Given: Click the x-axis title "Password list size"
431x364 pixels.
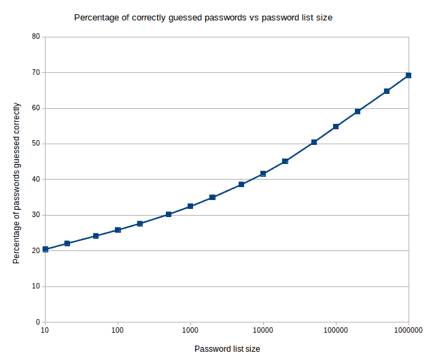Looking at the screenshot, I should click(227, 349).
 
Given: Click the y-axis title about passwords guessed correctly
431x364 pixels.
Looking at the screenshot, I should click(17, 184).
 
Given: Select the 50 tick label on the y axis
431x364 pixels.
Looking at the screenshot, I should click(35, 144).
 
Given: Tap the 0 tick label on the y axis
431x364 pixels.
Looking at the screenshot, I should click(37, 322).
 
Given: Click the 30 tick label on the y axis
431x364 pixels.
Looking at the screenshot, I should click(35, 215).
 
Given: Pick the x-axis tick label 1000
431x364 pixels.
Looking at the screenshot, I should click(190, 331).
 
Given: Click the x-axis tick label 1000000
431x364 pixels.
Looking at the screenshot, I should click(408, 331).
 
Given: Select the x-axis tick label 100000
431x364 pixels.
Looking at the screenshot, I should click(336, 331).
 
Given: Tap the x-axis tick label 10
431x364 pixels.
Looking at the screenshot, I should click(45, 331).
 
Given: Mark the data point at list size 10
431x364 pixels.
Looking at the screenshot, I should click(46, 249).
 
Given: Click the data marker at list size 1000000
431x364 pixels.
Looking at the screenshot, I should click(409, 76).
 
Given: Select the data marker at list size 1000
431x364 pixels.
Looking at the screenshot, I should click(190, 206).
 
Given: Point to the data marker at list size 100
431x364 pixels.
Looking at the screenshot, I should click(118, 230).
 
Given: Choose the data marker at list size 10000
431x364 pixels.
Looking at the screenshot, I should click(263, 174).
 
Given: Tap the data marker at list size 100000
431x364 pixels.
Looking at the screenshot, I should click(336, 127).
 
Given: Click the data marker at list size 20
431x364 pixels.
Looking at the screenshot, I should click(67, 244).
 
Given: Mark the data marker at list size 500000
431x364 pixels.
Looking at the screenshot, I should click(387, 91).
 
